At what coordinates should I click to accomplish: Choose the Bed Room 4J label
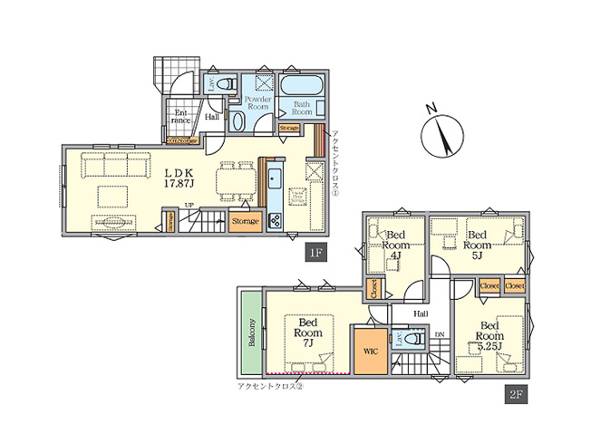pos(396,243)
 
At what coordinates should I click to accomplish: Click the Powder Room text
pos(259,101)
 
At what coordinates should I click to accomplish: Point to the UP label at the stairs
pos(189,206)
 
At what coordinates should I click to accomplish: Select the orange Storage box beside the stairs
pos(245,221)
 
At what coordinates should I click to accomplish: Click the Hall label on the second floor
pos(421,313)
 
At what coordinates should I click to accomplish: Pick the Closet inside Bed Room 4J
pos(373,289)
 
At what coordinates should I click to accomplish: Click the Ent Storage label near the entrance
pos(183,140)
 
